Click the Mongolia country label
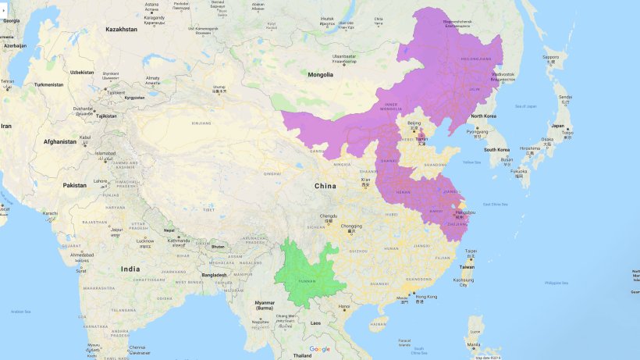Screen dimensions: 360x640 [x=320, y=75]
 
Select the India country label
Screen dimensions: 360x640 [x=130, y=269]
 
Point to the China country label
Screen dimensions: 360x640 [x=325, y=186]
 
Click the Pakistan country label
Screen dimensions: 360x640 [x=75, y=186]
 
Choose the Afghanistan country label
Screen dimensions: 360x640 [x=60, y=141]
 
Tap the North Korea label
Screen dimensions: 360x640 [x=484, y=116]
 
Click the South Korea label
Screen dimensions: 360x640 [x=496, y=149]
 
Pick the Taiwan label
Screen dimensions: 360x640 [x=466, y=266]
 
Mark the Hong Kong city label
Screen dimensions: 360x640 [x=426, y=297]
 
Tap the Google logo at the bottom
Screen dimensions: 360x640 [x=320, y=349]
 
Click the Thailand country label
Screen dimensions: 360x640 [x=302, y=355]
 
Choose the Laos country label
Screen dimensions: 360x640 [x=315, y=323]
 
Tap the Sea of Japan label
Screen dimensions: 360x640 [x=525, y=106]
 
